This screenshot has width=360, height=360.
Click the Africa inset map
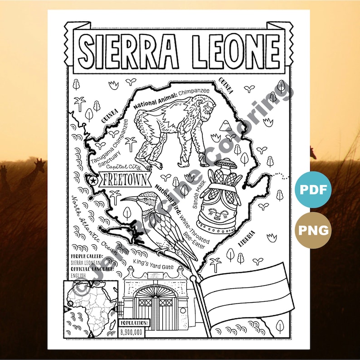[x=91, y=309]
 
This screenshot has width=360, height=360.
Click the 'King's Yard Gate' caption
[x=153, y=262]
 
